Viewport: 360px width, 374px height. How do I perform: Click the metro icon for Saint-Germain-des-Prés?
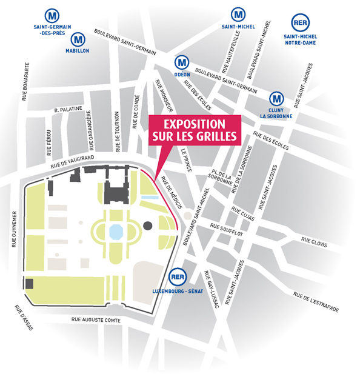pyautogui.click(x=56, y=13)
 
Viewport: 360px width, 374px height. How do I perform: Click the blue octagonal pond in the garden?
pyautogui.click(x=115, y=230)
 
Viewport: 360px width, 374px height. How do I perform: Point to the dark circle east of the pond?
pyautogui.click(x=148, y=227)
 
